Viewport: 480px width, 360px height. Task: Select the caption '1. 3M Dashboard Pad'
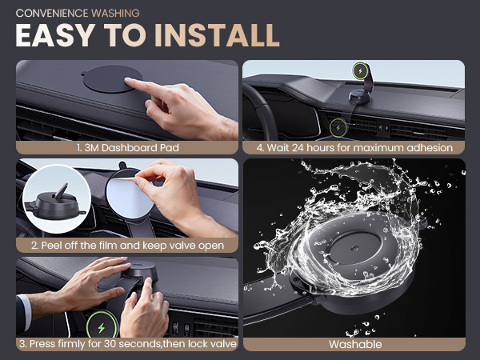(x=128, y=147)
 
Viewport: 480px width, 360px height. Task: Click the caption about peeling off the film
(x=128, y=246)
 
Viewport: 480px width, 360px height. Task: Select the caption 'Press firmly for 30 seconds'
(x=128, y=344)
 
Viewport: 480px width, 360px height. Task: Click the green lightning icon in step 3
(x=102, y=328)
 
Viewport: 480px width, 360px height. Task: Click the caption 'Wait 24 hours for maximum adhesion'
(x=354, y=147)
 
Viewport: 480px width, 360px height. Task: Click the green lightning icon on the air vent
(x=339, y=126)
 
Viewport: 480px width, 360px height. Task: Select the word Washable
(x=354, y=344)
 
